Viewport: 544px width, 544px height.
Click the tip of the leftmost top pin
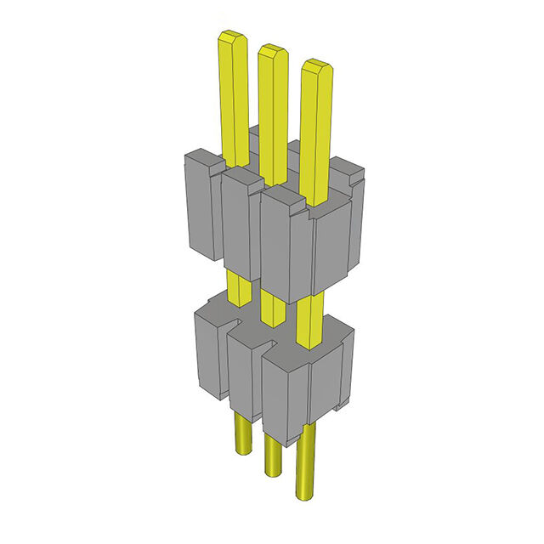232,37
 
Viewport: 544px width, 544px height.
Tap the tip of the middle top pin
272,51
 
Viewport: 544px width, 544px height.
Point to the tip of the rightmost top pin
316,66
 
